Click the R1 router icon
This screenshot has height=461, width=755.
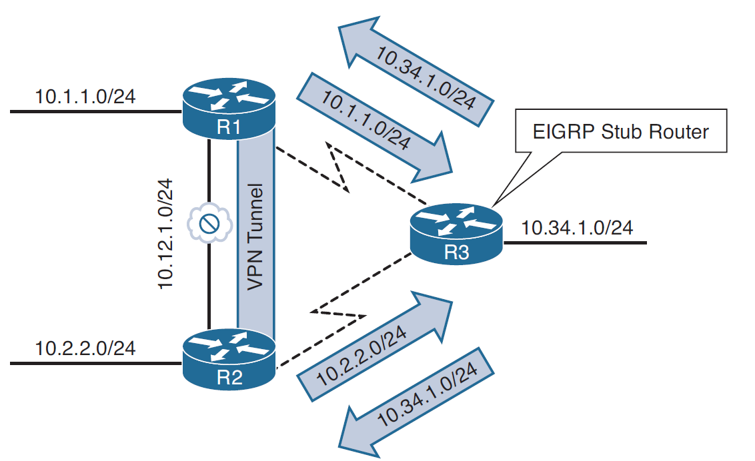229,108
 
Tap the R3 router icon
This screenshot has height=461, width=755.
456,234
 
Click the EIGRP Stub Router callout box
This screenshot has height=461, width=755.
620,132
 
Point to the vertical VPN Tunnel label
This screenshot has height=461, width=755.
255,236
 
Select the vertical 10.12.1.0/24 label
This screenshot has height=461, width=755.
166,233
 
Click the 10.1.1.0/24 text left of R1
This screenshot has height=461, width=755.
85,97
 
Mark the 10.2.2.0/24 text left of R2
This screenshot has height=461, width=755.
85,348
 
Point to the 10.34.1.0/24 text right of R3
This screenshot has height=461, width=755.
577,229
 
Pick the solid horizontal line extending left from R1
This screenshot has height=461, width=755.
93,111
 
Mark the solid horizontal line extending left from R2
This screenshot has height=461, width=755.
93,363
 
